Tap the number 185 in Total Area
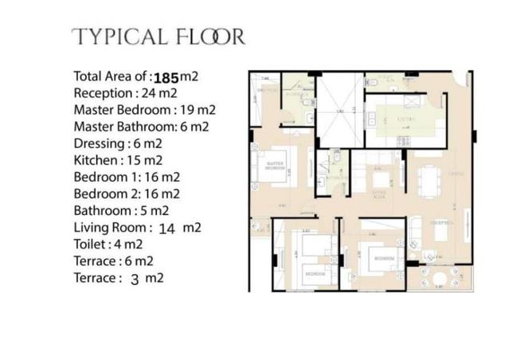[x=165, y=77]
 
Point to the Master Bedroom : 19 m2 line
[x=144, y=110]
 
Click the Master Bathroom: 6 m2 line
[x=141, y=127]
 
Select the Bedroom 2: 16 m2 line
[x=126, y=194]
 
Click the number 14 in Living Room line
[x=166, y=228]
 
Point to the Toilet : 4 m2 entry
[x=108, y=245]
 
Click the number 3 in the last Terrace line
[x=135, y=279]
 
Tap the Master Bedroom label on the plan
[x=276, y=167]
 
